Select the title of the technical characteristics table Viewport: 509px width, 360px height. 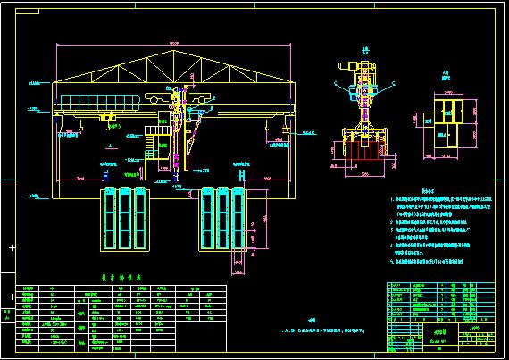click(x=115, y=279)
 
